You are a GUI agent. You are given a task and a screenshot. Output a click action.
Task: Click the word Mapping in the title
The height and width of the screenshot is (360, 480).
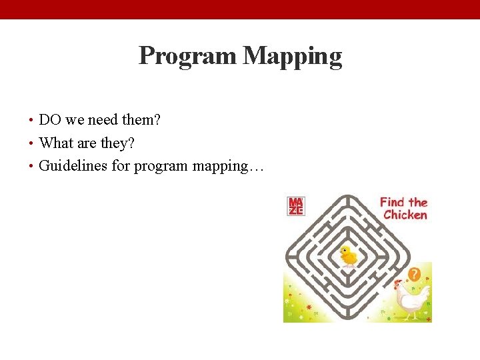coord(293,56)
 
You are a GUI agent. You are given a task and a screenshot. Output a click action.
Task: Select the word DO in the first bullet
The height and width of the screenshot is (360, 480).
coord(50,121)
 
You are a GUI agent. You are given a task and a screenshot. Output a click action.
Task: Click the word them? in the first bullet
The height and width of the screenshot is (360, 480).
coord(141,121)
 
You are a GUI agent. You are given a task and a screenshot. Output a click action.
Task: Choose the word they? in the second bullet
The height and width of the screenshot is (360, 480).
coord(117,143)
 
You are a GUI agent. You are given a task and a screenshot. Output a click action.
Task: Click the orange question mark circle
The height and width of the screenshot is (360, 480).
coord(414,274)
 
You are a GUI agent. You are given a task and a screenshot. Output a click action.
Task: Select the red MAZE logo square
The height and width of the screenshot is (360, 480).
coord(295,206)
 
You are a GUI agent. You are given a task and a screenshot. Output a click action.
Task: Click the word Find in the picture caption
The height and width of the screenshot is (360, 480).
coord(393,202)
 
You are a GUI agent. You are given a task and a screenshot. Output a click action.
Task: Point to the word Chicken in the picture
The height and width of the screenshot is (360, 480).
coord(405,215)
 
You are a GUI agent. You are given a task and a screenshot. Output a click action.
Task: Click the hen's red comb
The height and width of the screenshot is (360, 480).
coord(399,282)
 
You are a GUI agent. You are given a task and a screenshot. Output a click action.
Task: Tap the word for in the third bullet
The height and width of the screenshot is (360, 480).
coord(121,166)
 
